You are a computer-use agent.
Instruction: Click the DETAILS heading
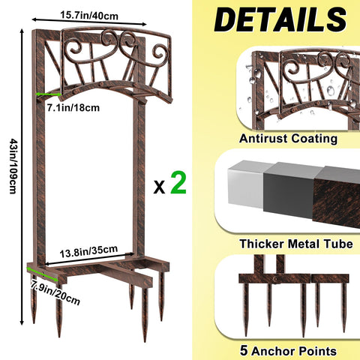click(280, 19)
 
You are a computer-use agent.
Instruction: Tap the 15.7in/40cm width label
click(89, 16)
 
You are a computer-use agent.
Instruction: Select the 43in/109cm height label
click(13, 166)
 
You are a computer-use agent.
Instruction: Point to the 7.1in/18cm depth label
click(73, 108)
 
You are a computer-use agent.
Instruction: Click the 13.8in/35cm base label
click(88, 251)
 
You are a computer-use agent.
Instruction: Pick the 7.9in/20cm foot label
click(55, 292)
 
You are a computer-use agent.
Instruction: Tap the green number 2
click(178, 183)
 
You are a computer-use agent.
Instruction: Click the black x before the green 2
click(159, 187)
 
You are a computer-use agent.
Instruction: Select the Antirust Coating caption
click(288, 139)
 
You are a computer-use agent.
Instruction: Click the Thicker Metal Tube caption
click(296, 244)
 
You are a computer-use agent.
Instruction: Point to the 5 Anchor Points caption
click(288, 350)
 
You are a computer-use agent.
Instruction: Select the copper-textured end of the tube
click(337, 197)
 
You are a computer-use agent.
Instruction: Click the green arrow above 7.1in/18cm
click(49, 94)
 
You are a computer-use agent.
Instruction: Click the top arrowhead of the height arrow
click(22, 31)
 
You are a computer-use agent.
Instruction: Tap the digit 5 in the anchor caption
click(244, 350)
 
